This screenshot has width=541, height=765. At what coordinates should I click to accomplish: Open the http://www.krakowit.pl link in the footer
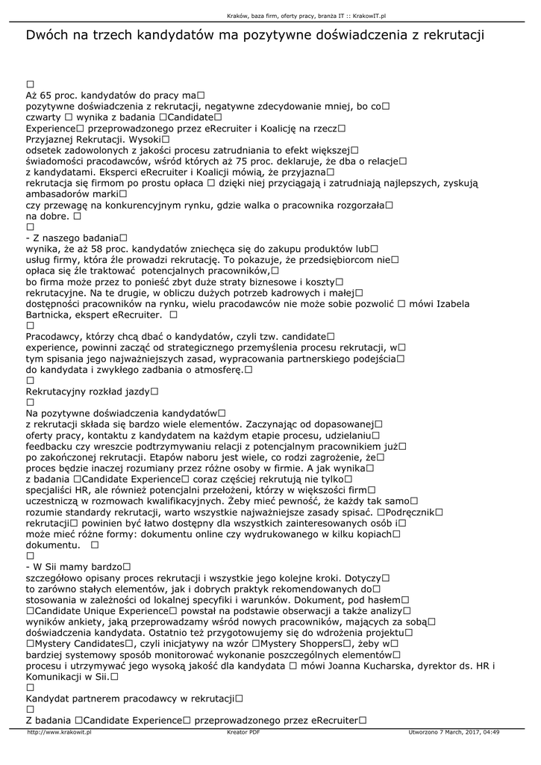pos(59,732)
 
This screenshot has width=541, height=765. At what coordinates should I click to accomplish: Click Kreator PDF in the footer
pos(243,732)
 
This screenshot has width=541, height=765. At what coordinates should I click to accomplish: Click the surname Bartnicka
pos(51,315)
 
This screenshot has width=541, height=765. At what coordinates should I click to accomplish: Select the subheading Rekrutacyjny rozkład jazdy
pos(89,391)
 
